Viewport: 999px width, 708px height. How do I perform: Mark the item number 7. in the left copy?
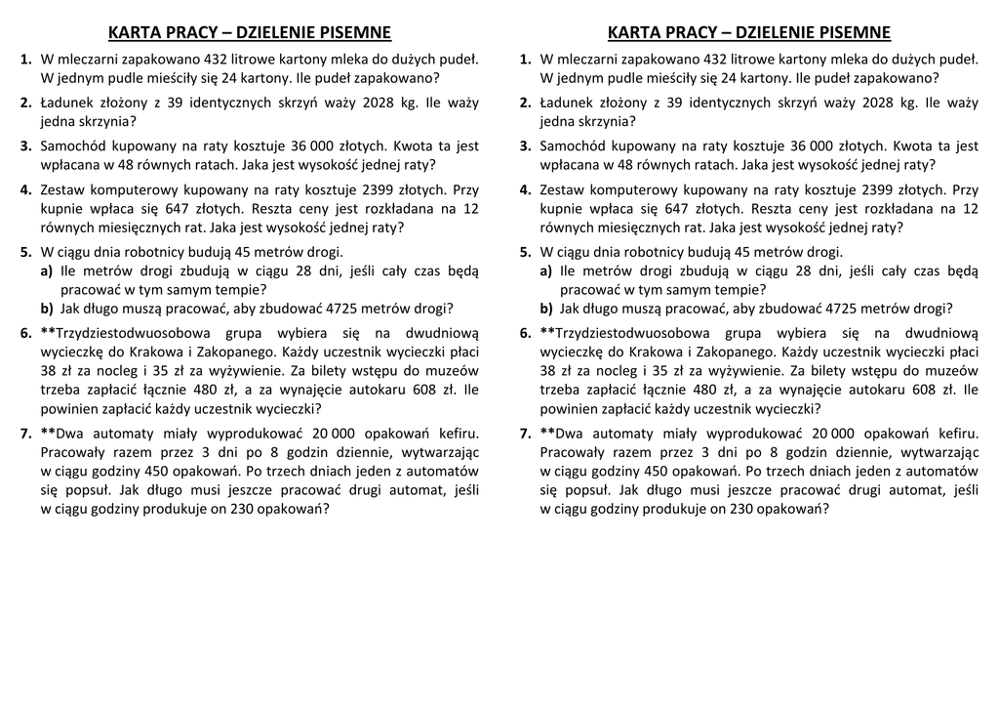(x=27, y=434)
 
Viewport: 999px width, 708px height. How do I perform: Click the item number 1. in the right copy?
(x=526, y=60)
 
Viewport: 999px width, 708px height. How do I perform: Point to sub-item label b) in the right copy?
(x=548, y=309)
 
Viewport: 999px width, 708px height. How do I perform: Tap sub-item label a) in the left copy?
(x=48, y=271)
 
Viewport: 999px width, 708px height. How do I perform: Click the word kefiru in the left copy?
(x=455, y=434)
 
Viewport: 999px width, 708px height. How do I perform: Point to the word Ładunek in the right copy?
(x=571, y=103)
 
